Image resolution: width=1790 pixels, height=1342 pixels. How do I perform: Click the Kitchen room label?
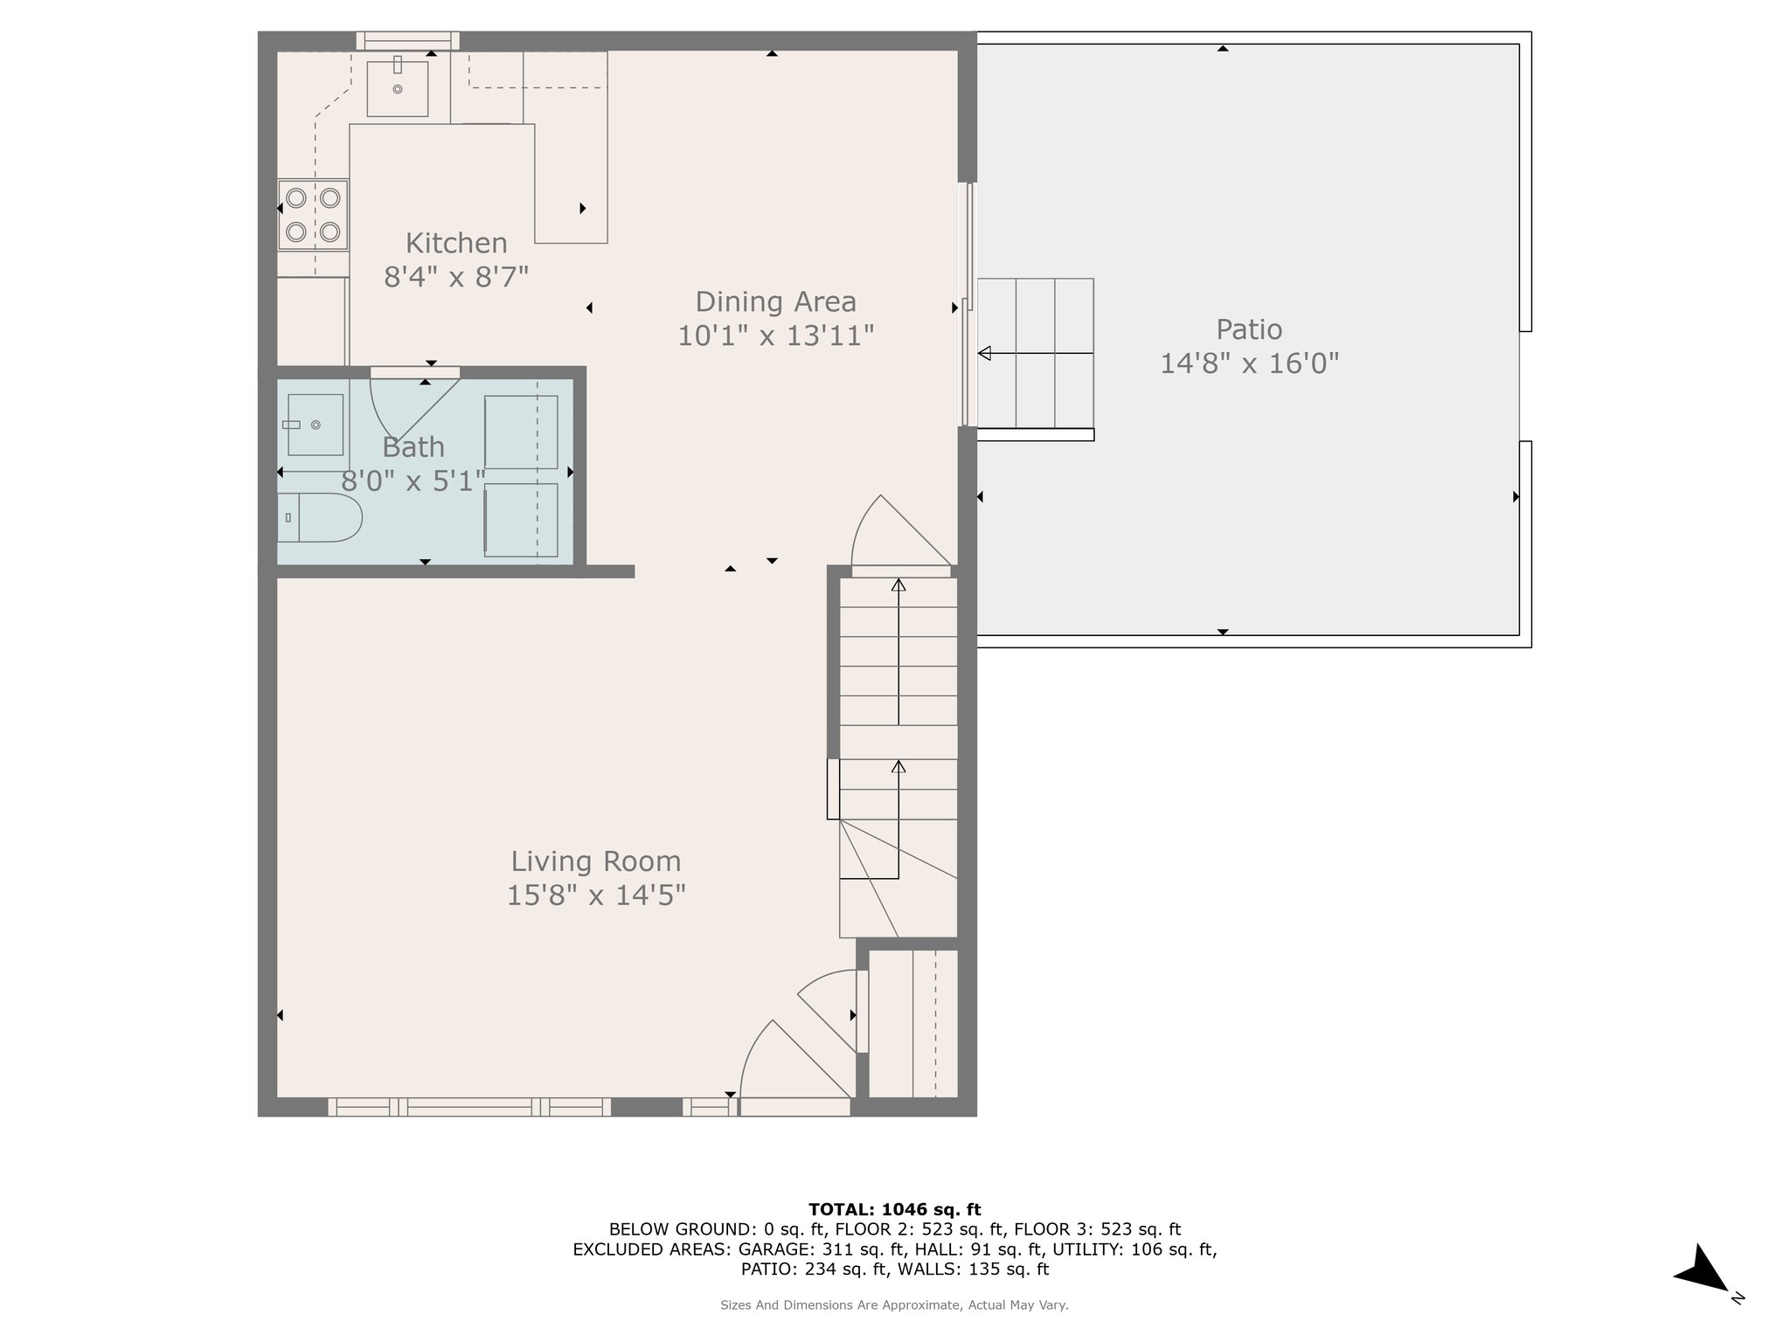coord(456,243)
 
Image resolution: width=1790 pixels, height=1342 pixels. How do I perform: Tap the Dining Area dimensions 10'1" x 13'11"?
coord(776,335)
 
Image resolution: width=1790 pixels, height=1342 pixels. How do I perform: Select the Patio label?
coord(1249,329)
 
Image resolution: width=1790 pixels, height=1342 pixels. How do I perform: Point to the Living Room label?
coord(596,861)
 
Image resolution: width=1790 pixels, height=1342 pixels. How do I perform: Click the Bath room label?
coord(413,447)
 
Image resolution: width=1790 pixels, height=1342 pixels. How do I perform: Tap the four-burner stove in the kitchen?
coord(313,215)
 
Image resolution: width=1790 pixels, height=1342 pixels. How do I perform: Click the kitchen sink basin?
coord(398,88)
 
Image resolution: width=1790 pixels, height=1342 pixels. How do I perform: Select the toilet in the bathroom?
coord(319,517)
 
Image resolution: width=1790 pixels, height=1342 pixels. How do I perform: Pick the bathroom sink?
coord(316,425)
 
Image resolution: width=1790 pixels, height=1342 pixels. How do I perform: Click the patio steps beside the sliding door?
coord(1036,353)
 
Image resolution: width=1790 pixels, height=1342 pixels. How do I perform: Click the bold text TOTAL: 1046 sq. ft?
coord(894,1210)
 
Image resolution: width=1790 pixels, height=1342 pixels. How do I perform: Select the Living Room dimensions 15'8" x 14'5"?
coord(596,896)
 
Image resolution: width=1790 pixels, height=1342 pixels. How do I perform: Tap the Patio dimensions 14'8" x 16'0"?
coord(1249,363)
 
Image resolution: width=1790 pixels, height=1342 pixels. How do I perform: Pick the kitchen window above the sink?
coord(407,41)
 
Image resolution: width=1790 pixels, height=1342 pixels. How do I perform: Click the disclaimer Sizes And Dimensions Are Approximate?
coord(894,1304)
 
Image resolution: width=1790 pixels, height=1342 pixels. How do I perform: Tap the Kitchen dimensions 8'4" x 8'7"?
coord(456,277)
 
